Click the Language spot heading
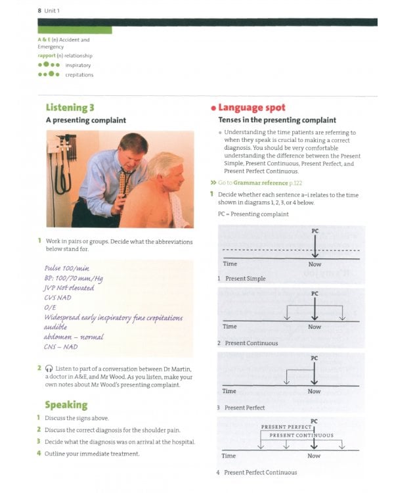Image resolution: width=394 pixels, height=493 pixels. pos(252,107)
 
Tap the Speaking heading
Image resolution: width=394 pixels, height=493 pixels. pos(66,404)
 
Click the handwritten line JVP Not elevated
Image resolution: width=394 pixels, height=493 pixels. pos(69,287)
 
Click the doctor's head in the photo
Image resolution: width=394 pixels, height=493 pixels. pos(133,149)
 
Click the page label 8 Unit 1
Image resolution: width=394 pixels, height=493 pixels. pos(49,11)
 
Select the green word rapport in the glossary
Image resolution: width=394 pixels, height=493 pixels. pos(50,56)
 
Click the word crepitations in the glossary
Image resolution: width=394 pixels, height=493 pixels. pos(79,75)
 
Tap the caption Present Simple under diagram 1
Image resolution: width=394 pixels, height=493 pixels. pos(245,279)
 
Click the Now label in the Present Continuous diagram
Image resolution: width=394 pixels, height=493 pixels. pos(315,327)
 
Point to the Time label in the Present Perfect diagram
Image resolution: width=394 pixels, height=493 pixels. pos(229,391)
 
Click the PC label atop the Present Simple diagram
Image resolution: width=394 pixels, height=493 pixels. pos(315,231)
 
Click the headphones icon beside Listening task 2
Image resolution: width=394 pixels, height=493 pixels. pos(49,369)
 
